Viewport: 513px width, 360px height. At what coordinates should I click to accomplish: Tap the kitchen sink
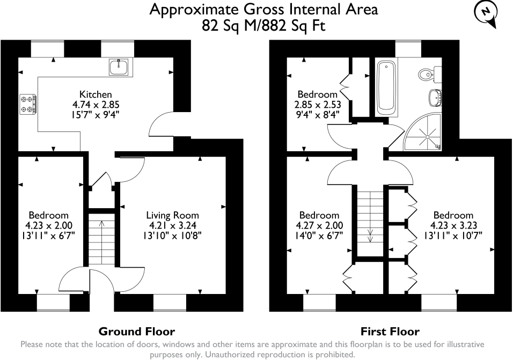coord(119,67)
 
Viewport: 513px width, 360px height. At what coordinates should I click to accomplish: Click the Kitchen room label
coord(96,94)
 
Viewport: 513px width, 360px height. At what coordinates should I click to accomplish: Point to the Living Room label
coord(172,215)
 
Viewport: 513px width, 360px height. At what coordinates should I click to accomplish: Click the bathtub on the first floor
coord(386,87)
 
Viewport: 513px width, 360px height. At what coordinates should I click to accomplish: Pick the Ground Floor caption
coord(137,331)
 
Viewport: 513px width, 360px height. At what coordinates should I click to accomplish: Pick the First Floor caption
coord(390,331)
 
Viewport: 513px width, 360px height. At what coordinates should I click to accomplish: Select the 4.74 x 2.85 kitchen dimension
coord(96,105)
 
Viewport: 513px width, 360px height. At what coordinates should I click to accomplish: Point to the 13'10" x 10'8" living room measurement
coord(172,235)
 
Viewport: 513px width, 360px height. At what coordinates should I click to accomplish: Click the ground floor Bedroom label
coord(49,215)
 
